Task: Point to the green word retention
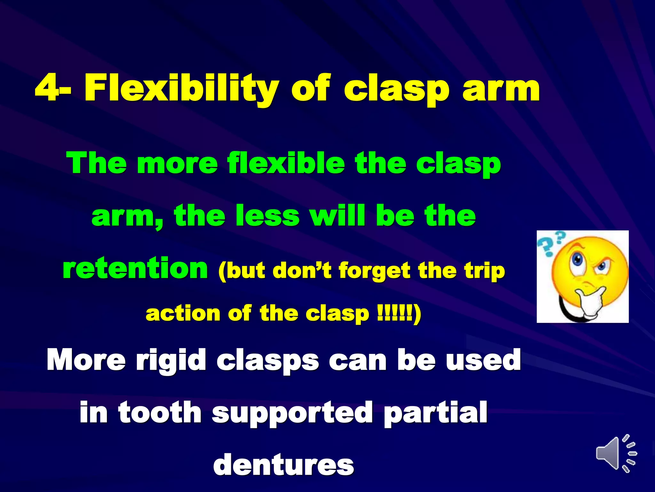click(x=135, y=268)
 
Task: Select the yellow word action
click(x=183, y=313)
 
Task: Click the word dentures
click(x=283, y=465)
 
